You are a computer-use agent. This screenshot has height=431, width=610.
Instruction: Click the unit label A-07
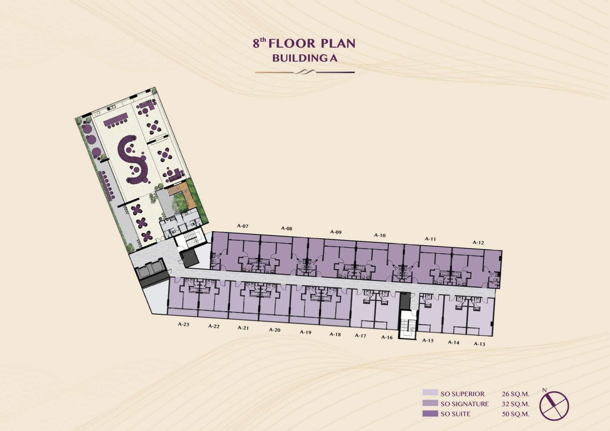243,226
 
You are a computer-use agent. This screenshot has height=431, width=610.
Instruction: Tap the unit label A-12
478,242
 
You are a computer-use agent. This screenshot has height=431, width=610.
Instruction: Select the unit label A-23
184,324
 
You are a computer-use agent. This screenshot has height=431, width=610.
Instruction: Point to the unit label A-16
387,337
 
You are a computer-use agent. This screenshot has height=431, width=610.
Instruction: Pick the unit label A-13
480,344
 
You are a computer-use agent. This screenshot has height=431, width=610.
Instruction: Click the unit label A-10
380,235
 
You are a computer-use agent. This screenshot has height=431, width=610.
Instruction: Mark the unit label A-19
305,332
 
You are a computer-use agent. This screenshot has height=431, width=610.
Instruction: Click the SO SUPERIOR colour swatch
430,393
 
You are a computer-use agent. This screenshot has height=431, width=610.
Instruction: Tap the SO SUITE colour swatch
430,413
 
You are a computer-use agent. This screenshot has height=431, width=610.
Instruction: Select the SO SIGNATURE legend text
465,404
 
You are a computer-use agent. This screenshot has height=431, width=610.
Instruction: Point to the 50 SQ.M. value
515,414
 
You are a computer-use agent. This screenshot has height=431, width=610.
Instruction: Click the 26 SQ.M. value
515,394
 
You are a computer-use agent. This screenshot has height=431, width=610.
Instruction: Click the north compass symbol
554,405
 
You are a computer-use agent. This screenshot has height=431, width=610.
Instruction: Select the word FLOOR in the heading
292,43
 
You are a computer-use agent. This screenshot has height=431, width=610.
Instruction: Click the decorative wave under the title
305,72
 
